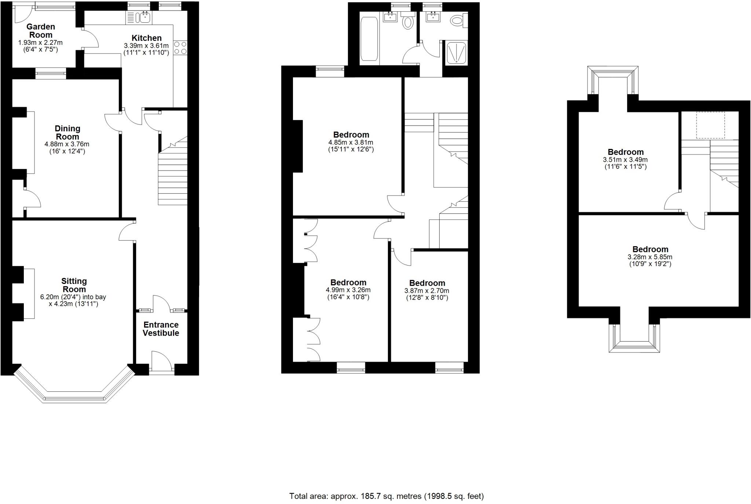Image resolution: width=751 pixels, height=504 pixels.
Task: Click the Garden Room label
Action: (41, 31)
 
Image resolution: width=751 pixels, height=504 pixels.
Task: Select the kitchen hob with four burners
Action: (180, 48)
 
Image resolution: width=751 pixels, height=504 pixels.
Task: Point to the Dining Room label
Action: (67, 132)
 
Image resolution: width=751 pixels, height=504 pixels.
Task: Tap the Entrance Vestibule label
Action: (161, 329)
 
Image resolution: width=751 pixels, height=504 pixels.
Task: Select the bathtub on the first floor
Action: (369, 39)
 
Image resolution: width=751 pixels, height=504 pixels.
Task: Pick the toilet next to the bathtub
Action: (407, 21)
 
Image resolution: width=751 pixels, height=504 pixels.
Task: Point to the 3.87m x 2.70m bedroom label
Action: (427, 283)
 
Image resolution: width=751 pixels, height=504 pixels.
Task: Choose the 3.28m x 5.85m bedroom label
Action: (650, 249)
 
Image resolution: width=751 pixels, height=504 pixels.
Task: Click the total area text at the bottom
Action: (387, 496)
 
